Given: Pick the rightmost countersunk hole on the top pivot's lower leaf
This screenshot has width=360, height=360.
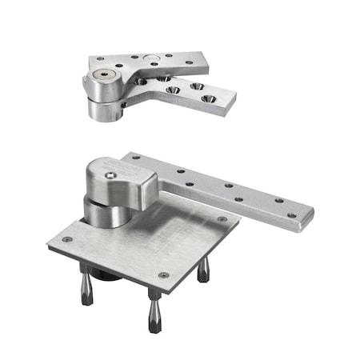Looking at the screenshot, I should click(210, 98).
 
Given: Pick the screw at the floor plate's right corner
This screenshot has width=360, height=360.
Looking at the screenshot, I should click(222, 218).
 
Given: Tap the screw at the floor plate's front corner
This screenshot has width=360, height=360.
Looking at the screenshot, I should click(163, 275).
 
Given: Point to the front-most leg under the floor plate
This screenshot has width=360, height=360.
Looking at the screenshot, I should click(153, 313).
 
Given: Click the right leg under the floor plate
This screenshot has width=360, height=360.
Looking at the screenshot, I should click(204, 270).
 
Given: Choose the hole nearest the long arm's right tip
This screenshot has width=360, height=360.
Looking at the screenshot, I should click(291, 214).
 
